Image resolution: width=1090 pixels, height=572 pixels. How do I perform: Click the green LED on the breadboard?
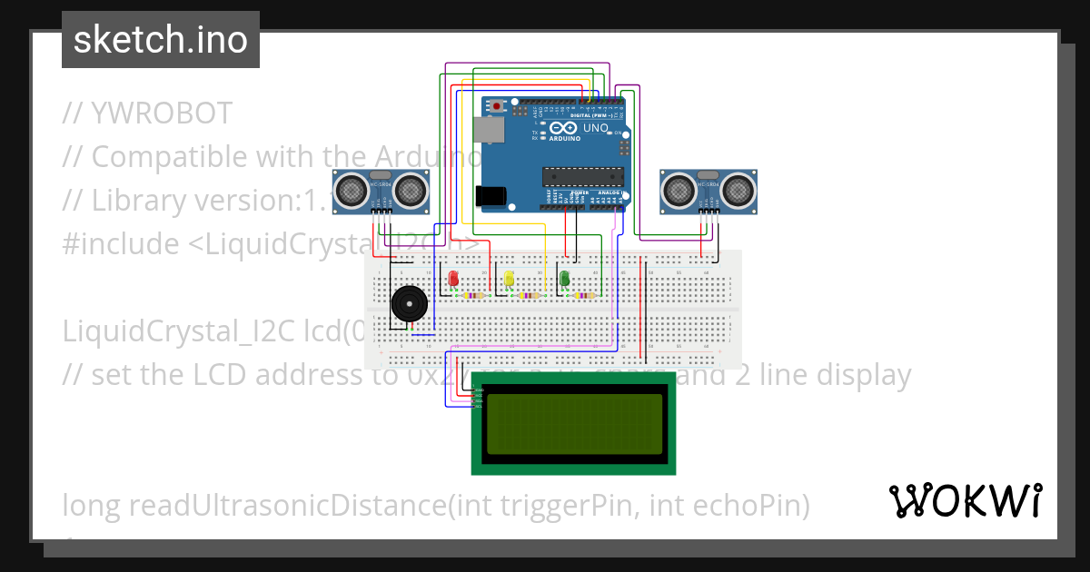pos(564,279)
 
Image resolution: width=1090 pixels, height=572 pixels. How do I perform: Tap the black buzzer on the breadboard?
pos(408,303)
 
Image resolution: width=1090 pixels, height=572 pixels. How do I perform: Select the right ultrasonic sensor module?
pos(708,190)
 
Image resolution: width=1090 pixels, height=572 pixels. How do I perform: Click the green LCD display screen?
pos(574,424)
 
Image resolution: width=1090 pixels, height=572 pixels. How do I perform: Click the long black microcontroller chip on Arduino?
pos(583,176)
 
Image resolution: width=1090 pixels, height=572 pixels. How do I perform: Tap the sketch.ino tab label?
pos(161,40)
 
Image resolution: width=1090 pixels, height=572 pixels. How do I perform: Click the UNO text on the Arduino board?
pos(595,128)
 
